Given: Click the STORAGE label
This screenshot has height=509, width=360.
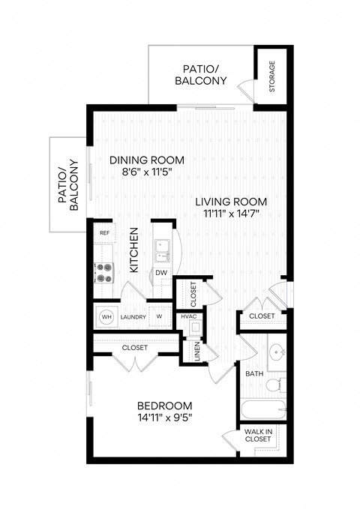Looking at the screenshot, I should coord(271,77).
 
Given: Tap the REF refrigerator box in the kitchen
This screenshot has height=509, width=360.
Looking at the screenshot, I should coord(103,234).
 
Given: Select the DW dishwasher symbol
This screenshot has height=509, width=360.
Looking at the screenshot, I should coord(161,272).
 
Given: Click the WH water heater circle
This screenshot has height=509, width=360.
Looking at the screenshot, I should coord(106,316).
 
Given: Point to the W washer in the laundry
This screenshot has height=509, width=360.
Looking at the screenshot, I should coord(159,316).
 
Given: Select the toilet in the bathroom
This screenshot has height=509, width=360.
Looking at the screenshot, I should coord(274,385).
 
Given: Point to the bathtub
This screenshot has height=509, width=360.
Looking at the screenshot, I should coord(262,410).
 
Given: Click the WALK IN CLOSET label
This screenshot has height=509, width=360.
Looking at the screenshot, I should coord(259,436).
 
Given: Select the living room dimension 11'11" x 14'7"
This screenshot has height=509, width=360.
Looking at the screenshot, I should coord(232,214).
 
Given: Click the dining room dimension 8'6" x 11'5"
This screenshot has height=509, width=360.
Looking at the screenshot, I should coord(146,171).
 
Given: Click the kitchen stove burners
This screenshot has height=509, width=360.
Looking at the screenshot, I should coord(103,273).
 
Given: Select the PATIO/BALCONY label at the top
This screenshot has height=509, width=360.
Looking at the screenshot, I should coord(200,74).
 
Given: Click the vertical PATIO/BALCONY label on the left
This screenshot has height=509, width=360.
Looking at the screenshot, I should coord(68,184).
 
